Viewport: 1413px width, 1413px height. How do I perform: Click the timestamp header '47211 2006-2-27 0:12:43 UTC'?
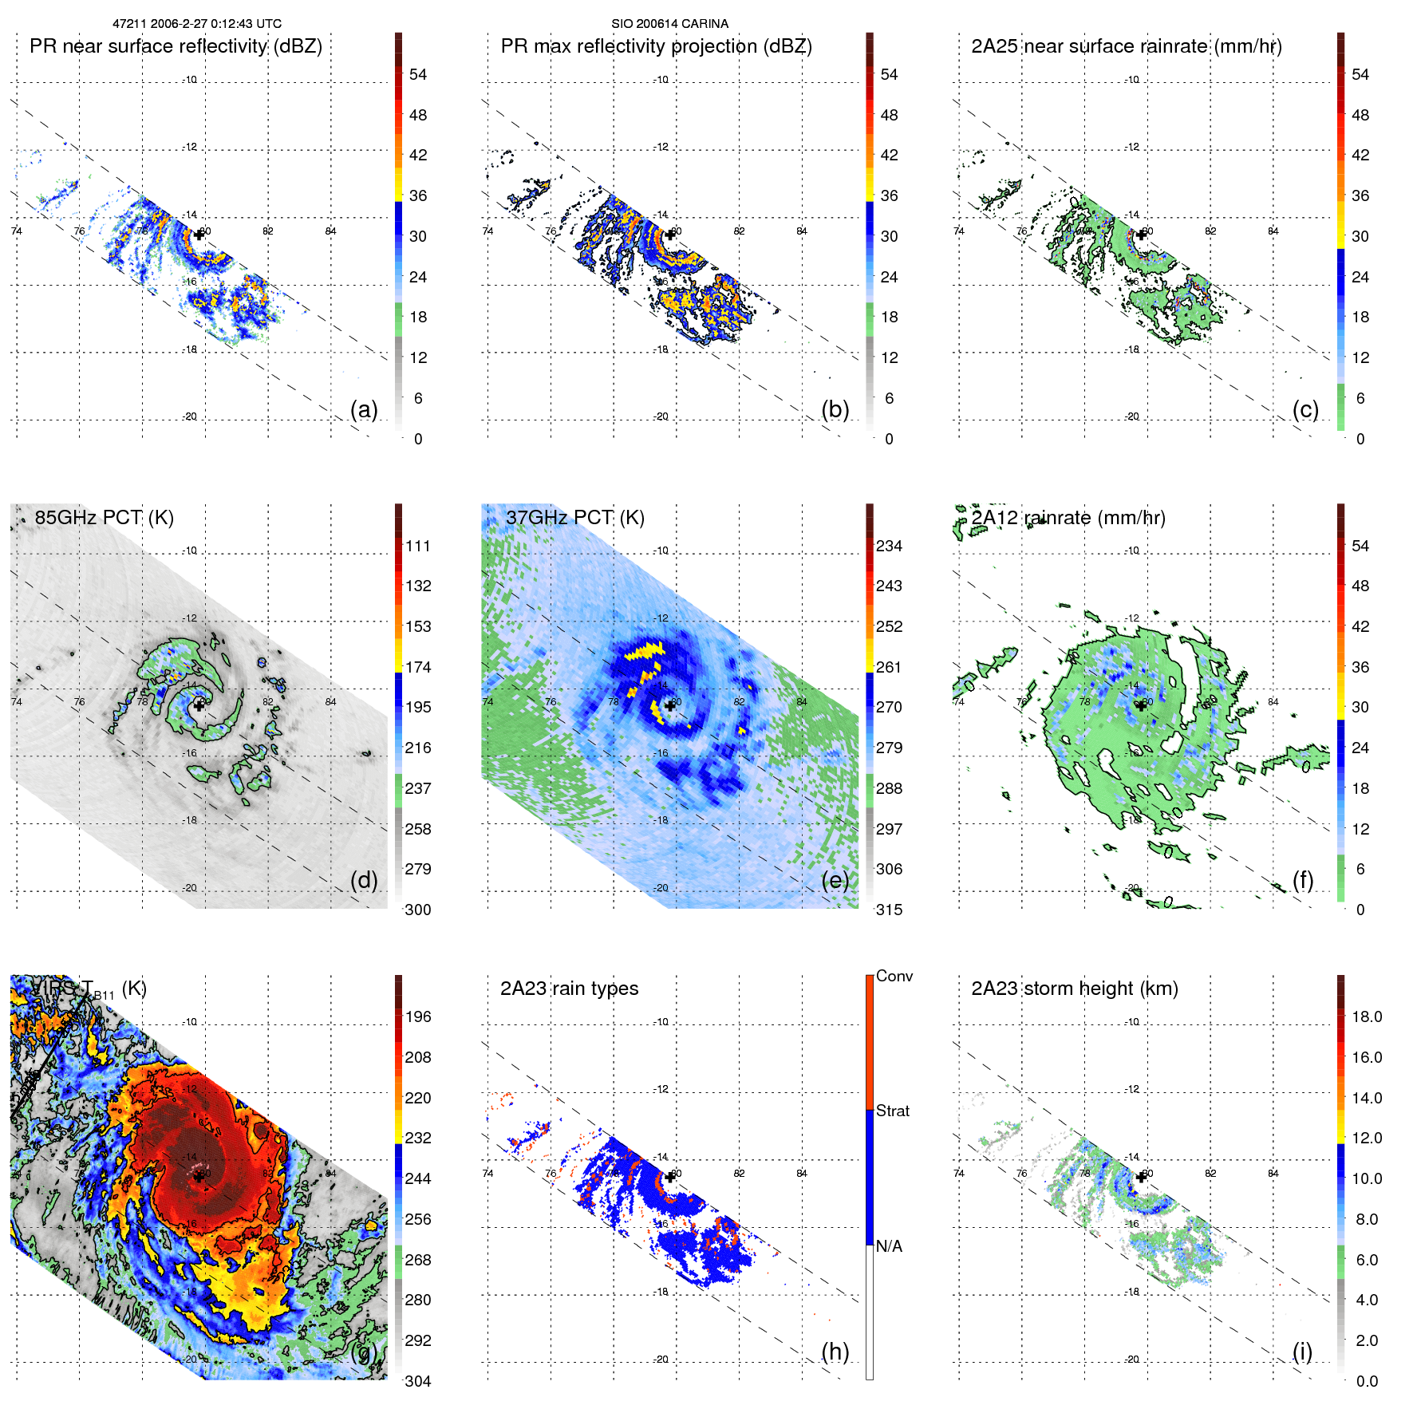point(197,24)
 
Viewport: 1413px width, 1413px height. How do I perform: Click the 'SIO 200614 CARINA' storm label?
point(669,24)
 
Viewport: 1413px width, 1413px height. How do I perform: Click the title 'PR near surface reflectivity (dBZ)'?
point(176,46)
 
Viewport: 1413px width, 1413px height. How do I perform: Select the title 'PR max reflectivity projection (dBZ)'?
point(656,46)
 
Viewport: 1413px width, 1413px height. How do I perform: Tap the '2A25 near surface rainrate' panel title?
point(1126,46)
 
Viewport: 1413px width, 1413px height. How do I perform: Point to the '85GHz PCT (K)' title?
point(104,518)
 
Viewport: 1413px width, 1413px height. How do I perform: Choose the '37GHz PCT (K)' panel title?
point(574,518)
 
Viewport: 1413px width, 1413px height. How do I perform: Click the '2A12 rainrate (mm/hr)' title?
point(1068,518)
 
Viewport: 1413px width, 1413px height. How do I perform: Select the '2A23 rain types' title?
point(569,989)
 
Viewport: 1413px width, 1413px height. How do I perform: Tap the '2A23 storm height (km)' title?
point(1074,989)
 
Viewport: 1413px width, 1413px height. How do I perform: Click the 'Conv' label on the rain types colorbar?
point(894,976)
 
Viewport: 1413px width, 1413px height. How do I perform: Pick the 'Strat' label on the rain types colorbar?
point(892,1111)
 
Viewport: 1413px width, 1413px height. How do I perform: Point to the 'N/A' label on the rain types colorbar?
point(889,1246)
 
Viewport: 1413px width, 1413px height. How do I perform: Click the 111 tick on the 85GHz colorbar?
point(418,546)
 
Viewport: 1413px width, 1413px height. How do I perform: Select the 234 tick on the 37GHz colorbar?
point(889,546)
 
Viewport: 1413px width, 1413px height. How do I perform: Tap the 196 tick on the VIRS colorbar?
point(418,1016)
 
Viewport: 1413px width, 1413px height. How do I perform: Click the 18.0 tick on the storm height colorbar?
point(1366,1016)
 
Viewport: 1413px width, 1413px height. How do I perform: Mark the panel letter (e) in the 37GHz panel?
point(835,880)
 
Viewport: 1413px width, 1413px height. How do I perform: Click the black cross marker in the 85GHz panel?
point(199,705)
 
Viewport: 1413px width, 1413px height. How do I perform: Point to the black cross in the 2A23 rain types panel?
point(669,1177)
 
